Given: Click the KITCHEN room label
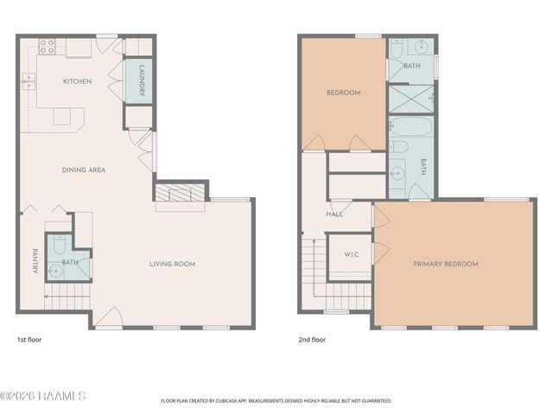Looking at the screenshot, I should pos(77,81).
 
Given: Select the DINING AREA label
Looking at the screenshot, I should pos(84,170).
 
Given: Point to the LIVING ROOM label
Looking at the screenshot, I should pos(172,264).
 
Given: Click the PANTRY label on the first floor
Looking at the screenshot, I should pos(35,262).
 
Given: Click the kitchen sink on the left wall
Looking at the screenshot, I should pos(29,82).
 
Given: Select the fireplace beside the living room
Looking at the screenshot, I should pos(181,194).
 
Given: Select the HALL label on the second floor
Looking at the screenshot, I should pos(335,214).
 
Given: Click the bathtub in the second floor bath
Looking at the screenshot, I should pos(403,131).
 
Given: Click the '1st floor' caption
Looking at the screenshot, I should pos(29,340).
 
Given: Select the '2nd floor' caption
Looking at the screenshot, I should pos(313,340).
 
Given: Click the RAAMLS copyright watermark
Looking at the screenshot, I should pos(43,396).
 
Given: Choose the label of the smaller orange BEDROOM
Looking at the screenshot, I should pos(342,93).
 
